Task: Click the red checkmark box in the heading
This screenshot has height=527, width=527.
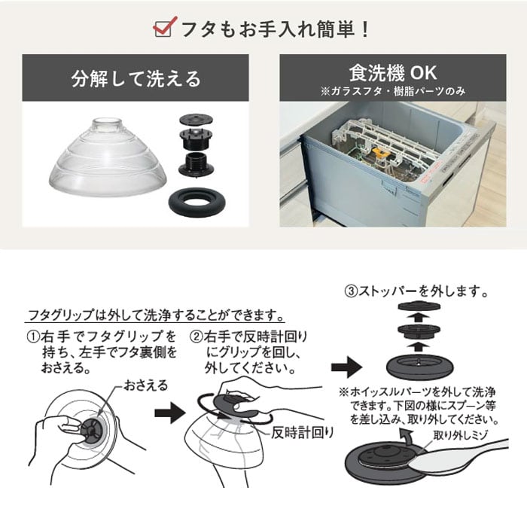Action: (x=165, y=27)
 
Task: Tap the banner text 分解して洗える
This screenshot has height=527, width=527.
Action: (x=136, y=79)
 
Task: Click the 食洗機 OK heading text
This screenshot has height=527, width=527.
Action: (x=393, y=73)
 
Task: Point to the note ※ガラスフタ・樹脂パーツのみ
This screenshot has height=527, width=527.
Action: (x=393, y=91)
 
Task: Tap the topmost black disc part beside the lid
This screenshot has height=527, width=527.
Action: (x=196, y=119)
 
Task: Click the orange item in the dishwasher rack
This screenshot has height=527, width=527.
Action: (x=382, y=153)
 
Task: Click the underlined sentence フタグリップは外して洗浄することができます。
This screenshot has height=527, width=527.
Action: (x=156, y=315)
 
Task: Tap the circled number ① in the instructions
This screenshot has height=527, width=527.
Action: (x=34, y=337)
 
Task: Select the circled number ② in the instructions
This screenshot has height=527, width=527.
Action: (x=196, y=337)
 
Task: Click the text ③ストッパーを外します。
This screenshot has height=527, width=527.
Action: (x=417, y=291)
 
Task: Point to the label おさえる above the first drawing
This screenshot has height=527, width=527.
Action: (x=145, y=385)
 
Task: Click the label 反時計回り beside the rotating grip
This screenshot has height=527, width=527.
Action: (x=303, y=433)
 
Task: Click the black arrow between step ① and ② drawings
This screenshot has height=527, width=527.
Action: (x=169, y=413)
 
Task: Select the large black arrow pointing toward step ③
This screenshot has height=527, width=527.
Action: (x=346, y=367)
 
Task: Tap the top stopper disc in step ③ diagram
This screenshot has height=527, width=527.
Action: (x=419, y=306)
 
